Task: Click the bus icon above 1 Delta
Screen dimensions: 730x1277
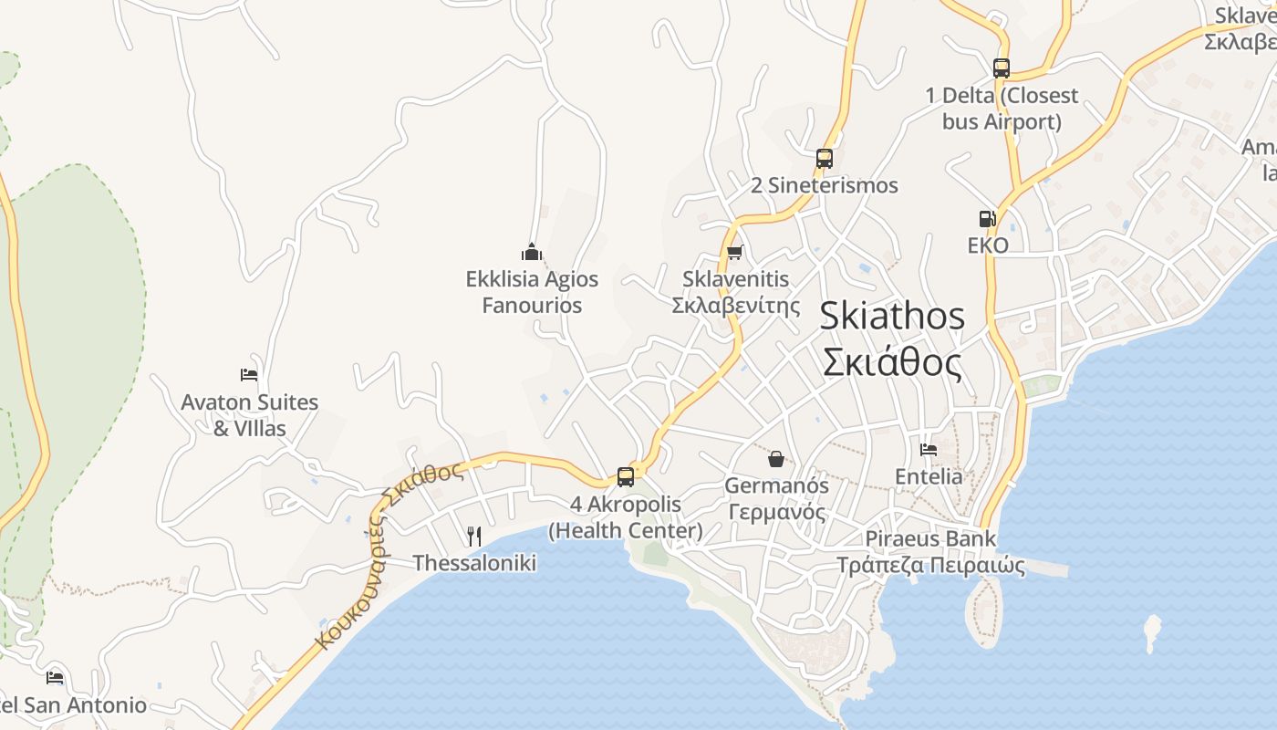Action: [x=1001, y=68]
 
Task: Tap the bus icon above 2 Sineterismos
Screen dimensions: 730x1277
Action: [x=825, y=158]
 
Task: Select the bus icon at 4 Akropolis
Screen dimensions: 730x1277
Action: [x=626, y=476]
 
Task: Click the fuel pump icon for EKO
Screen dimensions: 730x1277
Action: [x=987, y=218]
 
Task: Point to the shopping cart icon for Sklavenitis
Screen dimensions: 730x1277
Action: [x=735, y=252]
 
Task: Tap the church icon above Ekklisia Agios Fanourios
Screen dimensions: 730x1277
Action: [x=532, y=252]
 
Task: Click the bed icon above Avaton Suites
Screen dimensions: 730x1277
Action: [x=249, y=374]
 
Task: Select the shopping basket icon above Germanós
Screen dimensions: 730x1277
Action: [x=776, y=458]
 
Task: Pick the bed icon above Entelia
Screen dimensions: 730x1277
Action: [x=929, y=449]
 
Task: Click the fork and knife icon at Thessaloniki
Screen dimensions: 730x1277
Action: [x=474, y=536]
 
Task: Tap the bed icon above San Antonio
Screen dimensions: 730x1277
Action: [x=55, y=677]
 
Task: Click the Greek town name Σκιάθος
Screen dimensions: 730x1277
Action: [x=891, y=363]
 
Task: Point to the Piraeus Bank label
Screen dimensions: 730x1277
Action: [x=930, y=538]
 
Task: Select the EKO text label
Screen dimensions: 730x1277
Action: [x=988, y=245]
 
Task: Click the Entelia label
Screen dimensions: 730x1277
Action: [x=929, y=476]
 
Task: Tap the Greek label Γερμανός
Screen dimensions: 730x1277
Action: [x=776, y=512]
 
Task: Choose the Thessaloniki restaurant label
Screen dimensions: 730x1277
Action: [x=474, y=563]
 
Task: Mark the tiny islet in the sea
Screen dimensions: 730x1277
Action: [x=1153, y=632]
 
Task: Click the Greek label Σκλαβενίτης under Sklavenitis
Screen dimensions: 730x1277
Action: [x=735, y=306]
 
